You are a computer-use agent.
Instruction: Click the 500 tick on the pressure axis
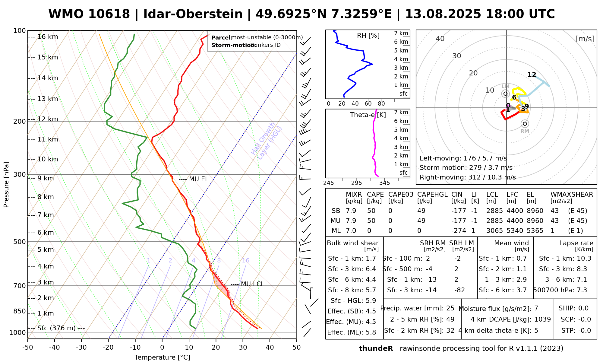pos(20,242)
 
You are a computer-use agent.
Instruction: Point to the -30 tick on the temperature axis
pos(81,348)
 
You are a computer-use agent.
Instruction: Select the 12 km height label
pos(48,119)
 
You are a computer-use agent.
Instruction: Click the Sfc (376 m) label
pos(56,328)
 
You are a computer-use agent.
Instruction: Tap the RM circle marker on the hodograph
pos(525,124)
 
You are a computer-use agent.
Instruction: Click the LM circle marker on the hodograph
pos(505,94)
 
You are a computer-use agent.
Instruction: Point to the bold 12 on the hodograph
pos(532,75)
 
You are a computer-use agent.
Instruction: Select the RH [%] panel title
pos(368,36)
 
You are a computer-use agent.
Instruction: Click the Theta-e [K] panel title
pos(368,115)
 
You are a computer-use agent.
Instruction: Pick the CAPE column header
pos(375,195)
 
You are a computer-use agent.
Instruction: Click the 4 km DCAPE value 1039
pos(542,319)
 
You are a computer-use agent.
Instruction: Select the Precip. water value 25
pos(450,308)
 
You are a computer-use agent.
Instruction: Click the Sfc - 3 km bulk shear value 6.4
pos(371,269)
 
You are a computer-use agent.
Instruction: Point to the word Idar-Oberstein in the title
pos(193,14)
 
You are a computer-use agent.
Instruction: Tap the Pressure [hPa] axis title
pos(6,185)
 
